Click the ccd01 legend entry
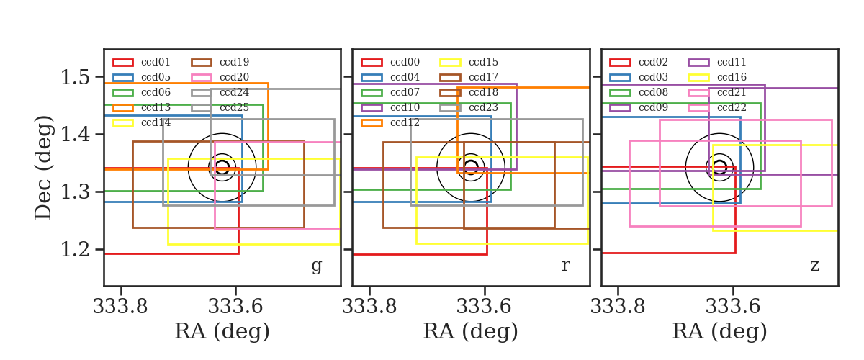click(141, 62)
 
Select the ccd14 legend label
click(156, 122)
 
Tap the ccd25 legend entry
click(220, 107)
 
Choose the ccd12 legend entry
click(390, 122)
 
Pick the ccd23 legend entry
click(469, 107)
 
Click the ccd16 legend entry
click(717, 77)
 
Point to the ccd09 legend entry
click(639, 107)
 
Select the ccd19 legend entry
click(220, 62)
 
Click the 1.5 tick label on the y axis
click(75, 77)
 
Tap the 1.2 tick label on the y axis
click(75, 250)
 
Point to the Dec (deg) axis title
click(42, 168)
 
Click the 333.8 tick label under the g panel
click(120, 307)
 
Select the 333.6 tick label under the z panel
click(733, 307)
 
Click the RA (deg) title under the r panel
click(471, 331)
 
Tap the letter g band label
click(316, 266)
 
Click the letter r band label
click(565, 266)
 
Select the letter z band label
click(814, 266)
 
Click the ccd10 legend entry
click(390, 107)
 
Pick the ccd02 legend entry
click(639, 62)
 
